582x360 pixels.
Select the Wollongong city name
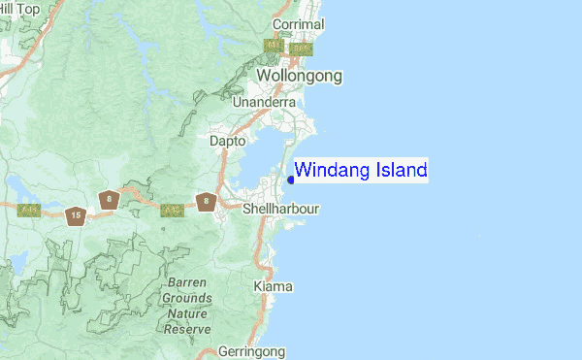coord(299,75)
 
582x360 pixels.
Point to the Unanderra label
coord(264,102)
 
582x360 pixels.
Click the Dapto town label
coord(228,141)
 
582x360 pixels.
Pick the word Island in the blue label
coord(395,171)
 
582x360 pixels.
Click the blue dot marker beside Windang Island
coord(291,179)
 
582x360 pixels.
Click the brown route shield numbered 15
coord(76,215)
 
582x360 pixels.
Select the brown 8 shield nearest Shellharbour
coord(206,202)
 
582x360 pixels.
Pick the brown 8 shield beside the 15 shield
coord(109,201)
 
